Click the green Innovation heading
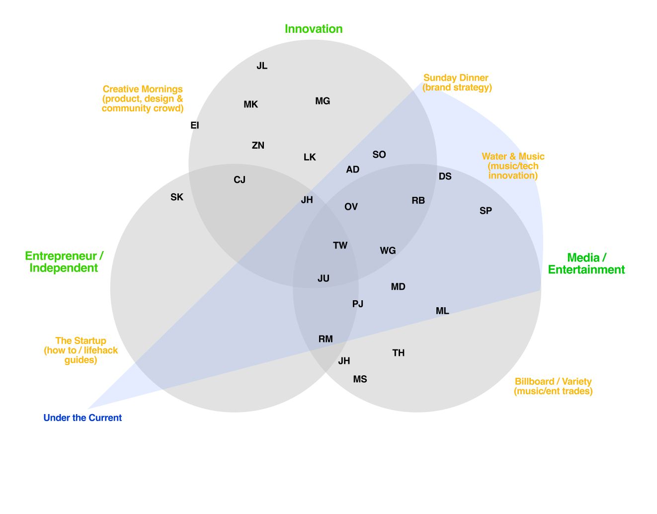point(314,29)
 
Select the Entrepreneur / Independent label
point(64,262)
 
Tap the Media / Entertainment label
point(586,263)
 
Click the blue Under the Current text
point(82,418)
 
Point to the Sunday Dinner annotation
point(457,83)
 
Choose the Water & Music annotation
point(513,166)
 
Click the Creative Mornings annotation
point(143,98)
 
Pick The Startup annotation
point(81,350)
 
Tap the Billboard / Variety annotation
point(553,386)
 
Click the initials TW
point(340,245)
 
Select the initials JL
point(262,66)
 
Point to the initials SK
point(177,197)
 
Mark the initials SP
point(486,211)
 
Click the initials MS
point(360,379)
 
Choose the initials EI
point(195,125)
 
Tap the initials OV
point(351,207)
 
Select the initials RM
point(326,339)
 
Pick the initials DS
point(445,176)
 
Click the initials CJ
point(240,180)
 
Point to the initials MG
point(323,101)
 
